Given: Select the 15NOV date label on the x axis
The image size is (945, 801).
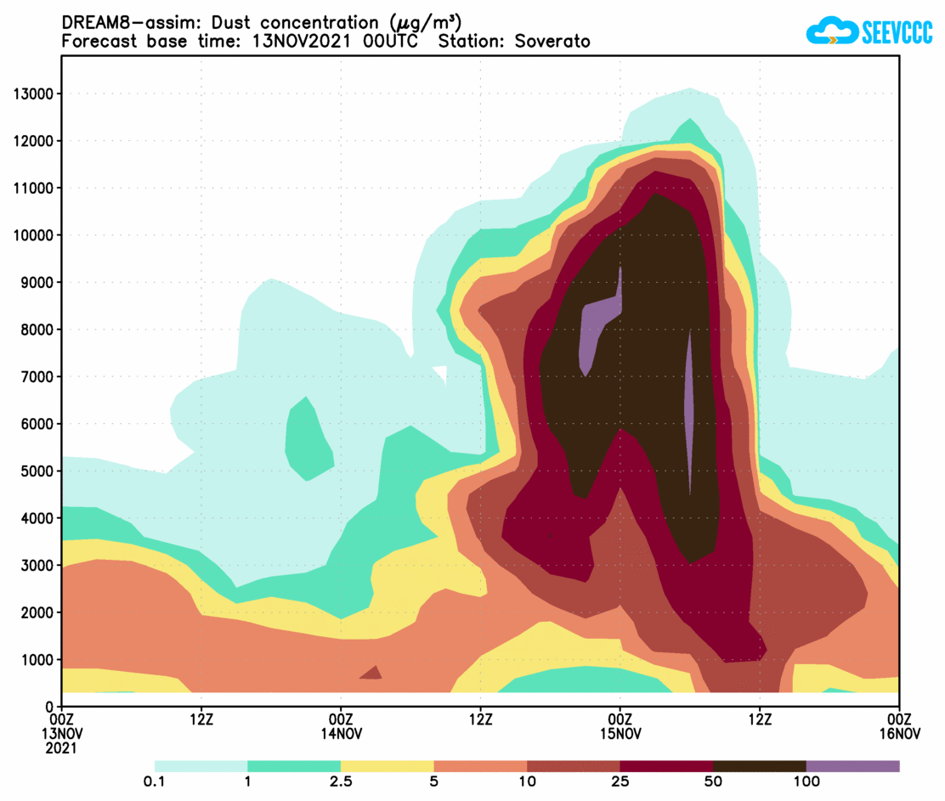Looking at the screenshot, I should [x=620, y=734].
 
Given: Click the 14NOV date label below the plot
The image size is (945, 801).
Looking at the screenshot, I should [x=342, y=734].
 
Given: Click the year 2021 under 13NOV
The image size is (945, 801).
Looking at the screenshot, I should [x=62, y=748].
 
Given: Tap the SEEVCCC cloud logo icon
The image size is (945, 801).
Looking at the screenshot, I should [x=831, y=32].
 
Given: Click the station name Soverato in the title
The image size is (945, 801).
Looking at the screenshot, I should [x=552, y=41].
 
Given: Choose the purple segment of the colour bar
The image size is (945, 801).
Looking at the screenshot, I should [x=852, y=766].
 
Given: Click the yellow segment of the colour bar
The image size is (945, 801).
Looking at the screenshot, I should [x=387, y=766].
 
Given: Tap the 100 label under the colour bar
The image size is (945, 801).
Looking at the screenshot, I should [x=806, y=781].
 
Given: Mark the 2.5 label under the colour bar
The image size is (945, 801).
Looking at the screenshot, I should [x=341, y=781].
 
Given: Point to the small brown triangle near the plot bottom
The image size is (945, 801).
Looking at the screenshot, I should [x=371, y=673].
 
